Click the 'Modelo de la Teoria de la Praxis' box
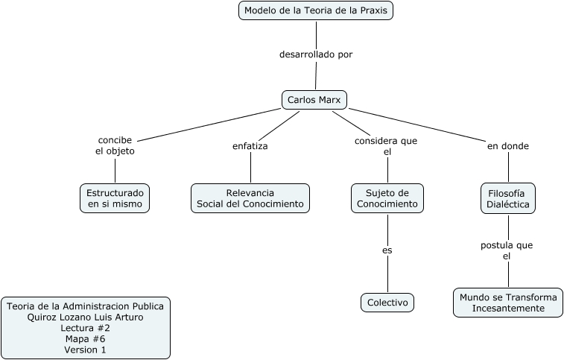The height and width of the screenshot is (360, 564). pos(316,11)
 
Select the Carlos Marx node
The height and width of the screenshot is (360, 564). pos(314,100)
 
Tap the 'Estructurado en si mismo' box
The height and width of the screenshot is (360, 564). pos(115,198)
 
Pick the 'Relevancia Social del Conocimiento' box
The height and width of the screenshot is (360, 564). pos(250,198)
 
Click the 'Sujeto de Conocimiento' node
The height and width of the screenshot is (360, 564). pos(387,198)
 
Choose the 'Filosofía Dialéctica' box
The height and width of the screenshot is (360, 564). pos(507,198)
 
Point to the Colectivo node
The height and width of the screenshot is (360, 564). pos(387,303)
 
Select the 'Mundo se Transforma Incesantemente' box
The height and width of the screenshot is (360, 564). pos(508,303)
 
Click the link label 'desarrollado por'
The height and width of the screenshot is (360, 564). pos(316,54)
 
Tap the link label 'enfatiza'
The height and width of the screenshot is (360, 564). pos(250,146)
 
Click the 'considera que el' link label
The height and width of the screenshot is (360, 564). pos(386,146)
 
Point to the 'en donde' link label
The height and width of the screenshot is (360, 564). pos(508,146)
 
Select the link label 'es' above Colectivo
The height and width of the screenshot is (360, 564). pos(387,250)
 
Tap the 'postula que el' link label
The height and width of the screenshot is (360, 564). pos(507,250)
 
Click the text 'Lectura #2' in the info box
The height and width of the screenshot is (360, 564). pos(86,328)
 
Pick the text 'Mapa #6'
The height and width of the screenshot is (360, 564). pos(86,339)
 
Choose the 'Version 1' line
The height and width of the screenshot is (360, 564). pos(86,350)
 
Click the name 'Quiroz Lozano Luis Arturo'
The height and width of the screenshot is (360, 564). pos(86,317)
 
